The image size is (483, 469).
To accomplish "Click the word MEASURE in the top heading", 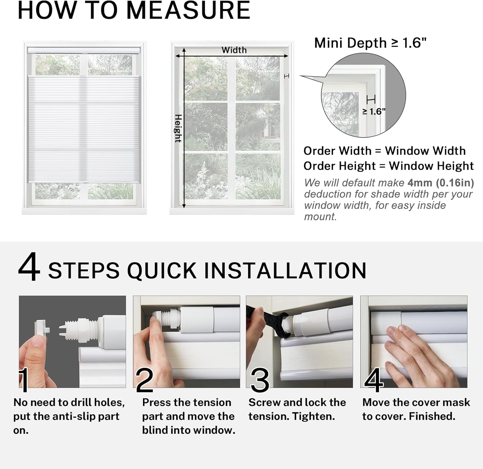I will pos(188,10).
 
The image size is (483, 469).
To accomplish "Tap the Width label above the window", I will pos(234,50).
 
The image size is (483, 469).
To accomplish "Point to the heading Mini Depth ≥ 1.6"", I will pos(370,43).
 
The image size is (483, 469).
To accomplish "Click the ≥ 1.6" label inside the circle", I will pos(374,111).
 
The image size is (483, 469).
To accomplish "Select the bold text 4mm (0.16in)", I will pos(440,183).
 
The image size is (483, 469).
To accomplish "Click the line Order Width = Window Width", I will pos(384,151).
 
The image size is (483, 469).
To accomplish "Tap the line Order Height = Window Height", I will pos(388,166).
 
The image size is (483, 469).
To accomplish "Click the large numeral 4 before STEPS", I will pos(29,267).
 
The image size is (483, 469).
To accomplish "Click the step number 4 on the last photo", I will pos(374,380).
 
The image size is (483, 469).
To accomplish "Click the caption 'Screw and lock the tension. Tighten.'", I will pos(297,409).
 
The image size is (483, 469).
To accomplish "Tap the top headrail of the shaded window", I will pos(84,51).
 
